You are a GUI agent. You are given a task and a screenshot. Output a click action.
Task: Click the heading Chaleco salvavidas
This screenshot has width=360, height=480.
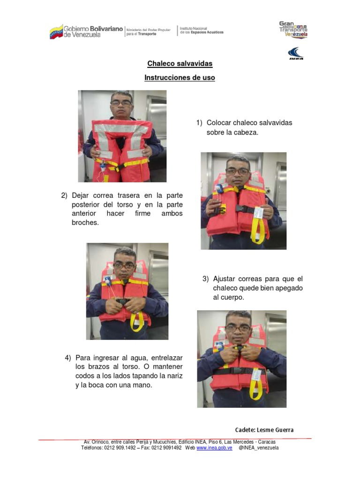[180, 63]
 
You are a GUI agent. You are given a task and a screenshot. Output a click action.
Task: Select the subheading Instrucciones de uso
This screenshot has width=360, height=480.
[180, 78]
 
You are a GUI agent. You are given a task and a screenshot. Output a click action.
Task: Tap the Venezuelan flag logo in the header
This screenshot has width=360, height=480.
[56, 32]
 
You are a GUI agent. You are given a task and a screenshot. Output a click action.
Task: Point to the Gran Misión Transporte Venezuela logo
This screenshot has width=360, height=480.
[293, 29]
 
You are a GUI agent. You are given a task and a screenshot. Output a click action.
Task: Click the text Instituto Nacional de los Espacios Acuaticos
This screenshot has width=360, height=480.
[202, 30]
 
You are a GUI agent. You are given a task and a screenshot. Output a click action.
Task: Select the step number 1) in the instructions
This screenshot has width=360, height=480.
[199, 123]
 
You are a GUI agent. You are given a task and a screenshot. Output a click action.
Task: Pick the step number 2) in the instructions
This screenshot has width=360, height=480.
[64, 195]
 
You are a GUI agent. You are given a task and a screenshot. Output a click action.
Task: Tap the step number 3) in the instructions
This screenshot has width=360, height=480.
[205, 279]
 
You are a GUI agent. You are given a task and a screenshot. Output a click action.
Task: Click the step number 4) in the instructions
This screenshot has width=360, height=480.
[67, 358]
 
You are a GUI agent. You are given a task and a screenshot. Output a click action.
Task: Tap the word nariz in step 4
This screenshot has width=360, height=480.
[175, 376]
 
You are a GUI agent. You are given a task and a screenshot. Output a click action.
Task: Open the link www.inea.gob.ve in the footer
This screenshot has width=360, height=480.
[214, 448]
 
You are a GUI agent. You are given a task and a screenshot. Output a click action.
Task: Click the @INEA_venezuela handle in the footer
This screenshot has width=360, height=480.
[258, 448]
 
